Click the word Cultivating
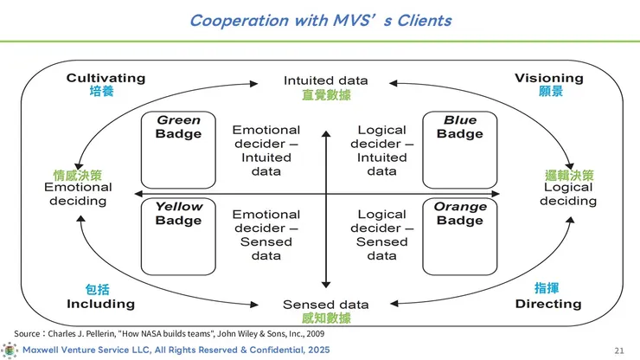click(x=106, y=78)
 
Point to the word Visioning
click(x=549, y=78)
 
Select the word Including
click(x=101, y=304)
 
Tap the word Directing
click(x=548, y=304)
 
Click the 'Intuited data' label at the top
click(x=326, y=80)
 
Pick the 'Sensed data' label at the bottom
click(x=326, y=305)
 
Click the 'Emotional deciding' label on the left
click(x=78, y=194)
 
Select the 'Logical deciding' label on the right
click(x=568, y=194)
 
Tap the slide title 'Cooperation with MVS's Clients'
click(x=320, y=21)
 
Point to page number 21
click(x=619, y=350)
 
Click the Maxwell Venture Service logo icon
click(x=10, y=350)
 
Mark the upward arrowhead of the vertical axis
click(x=326, y=133)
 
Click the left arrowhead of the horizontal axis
click(x=138, y=194)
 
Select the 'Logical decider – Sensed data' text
click(x=382, y=235)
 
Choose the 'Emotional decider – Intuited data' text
click(x=266, y=151)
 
